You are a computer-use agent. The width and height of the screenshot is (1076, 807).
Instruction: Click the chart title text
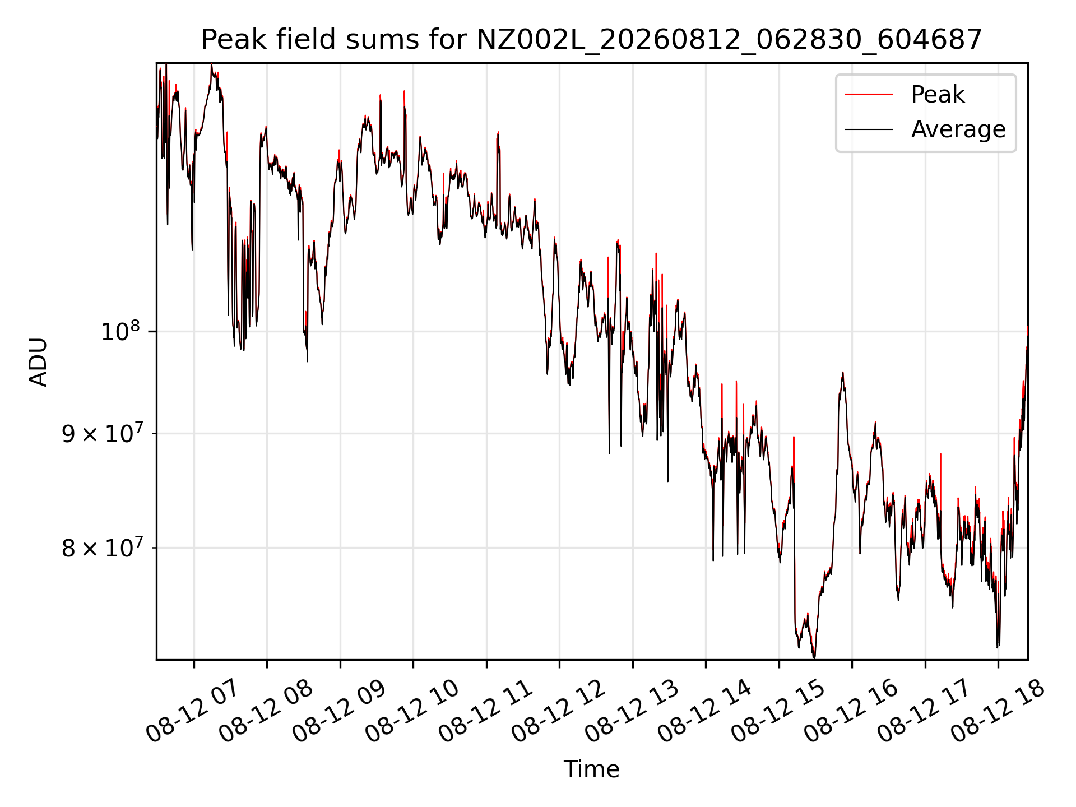(x=592, y=40)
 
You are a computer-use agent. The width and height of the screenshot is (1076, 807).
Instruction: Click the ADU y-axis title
(x=38, y=361)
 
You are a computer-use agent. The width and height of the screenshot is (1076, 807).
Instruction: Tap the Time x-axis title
(x=592, y=769)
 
